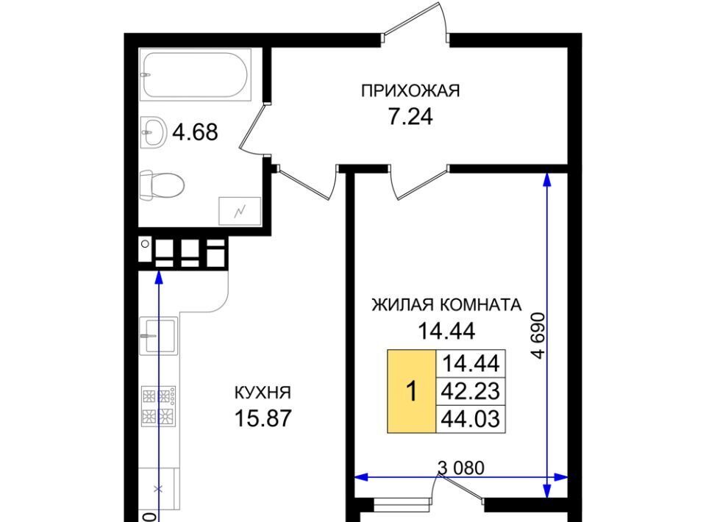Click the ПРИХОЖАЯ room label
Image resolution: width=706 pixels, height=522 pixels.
click(410, 91)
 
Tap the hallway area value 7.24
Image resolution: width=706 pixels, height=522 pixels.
click(410, 117)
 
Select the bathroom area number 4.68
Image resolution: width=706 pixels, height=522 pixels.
click(196, 132)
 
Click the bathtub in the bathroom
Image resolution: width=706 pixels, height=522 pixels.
click(195, 75)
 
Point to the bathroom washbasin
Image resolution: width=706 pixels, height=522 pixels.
click(153, 132)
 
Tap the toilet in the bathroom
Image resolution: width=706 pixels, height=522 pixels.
click(162, 185)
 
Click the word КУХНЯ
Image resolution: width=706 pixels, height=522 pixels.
click(263, 393)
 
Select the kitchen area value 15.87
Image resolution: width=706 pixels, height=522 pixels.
click(263, 418)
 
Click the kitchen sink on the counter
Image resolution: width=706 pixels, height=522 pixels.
click(159, 336)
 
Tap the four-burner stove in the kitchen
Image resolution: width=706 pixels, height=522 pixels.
click(159, 406)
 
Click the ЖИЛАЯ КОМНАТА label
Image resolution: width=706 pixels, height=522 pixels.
click(446, 305)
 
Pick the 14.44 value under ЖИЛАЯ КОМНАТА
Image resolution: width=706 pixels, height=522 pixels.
click(446, 332)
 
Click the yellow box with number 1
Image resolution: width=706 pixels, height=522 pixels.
click(412, 391)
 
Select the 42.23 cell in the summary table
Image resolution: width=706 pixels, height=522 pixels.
click(471, 391)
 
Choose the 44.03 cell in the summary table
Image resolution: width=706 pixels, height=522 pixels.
click(471, 419)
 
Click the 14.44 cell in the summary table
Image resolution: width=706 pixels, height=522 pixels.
click(471, 364)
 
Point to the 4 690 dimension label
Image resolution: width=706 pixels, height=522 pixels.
click(538, 336)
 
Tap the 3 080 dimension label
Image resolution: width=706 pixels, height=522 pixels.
click(461, 468)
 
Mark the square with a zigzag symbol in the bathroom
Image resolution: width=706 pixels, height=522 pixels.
click(240, 210)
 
